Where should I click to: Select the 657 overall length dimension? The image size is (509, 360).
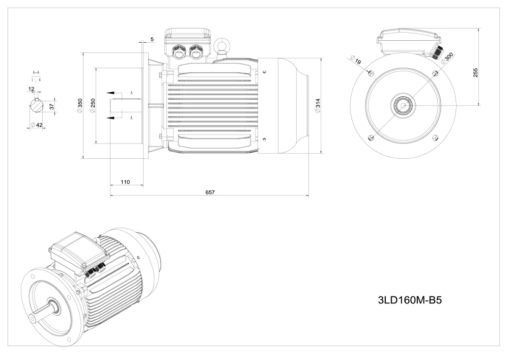pyautogui.click(x=210, y=192)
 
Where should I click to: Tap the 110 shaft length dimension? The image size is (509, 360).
pyautogui.click(x=125, y=182)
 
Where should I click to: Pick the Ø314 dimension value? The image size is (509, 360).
pyautogui.click(x=318, y=105)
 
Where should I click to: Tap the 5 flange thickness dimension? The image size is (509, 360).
pyautogui.click(x=153, y=39)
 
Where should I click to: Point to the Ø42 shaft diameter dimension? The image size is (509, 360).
pyautogui.click(x=37, y=125)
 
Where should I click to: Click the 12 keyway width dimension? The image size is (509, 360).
pyautogui.click(x=32, y=89)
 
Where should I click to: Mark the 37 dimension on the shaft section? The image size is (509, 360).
pyautogui.click(x=51, y=106)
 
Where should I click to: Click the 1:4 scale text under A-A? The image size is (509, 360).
pyautogui.click(x=33, y=80)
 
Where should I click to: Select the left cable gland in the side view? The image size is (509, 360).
pyautogui.click(x=180, y=51)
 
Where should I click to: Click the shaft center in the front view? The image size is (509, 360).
pyautogui.click(x=403, y=106)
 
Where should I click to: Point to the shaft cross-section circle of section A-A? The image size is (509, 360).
pyautogui.click(x=37, y=106)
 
